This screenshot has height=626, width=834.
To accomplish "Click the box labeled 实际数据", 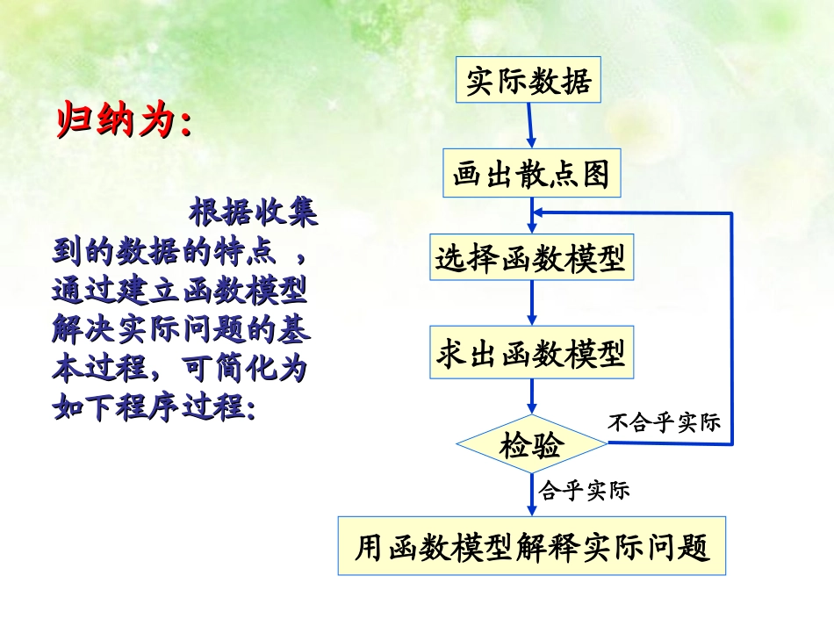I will [528, 82].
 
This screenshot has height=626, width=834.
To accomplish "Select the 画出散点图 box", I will [531, 175].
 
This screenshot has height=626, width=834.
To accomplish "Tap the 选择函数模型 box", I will [531, 258].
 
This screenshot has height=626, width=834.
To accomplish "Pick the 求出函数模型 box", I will [531, 354].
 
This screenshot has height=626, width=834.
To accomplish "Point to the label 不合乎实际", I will [665, 422].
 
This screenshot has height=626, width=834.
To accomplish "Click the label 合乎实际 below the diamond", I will [584, 490].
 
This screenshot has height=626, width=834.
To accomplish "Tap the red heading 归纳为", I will [124, 122].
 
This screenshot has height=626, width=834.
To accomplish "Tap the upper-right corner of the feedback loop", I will [731, 213].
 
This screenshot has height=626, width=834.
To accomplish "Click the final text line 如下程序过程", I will [154, 406].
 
